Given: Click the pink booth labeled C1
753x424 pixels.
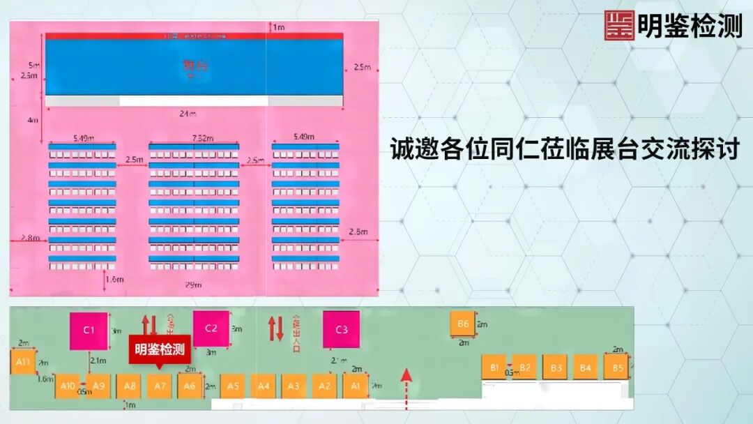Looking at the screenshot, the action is [89, 330].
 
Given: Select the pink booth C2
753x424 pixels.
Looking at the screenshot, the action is [211, 328].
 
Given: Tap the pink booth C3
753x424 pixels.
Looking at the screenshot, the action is [341, 329].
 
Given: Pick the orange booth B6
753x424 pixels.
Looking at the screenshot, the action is [463, 324].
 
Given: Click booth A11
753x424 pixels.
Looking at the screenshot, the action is [23, 362].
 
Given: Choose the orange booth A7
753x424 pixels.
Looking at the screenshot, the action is [160, 386].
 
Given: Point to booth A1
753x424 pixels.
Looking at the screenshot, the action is [355, 386].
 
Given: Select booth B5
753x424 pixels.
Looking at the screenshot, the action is [616, 367].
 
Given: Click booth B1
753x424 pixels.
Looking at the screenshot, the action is [494, 367].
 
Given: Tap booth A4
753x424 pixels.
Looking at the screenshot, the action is [263, 386].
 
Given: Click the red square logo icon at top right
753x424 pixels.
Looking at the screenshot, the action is [619, 26].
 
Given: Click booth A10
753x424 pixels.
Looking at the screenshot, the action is [68, 386].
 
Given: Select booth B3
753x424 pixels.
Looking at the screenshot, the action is [556, 367].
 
